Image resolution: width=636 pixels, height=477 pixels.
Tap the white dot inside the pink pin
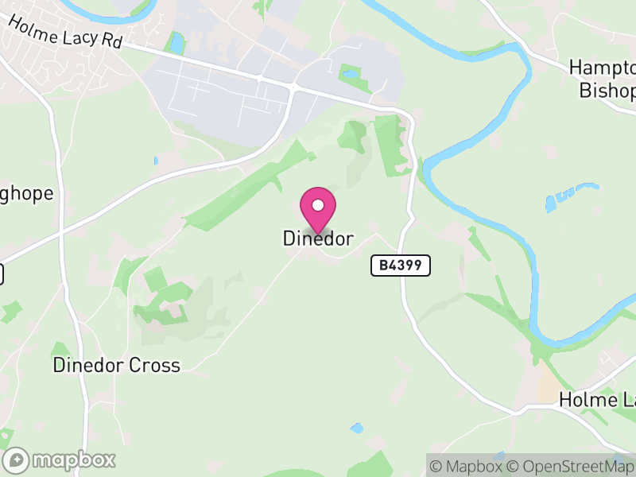[x=318, y=205]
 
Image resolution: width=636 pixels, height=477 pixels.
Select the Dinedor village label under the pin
[x=318, y=238]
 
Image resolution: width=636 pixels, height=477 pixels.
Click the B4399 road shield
[x=401, y=266]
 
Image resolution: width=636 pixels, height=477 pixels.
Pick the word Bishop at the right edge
[x=608, y=91]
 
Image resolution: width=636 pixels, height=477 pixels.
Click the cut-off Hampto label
[x=603, y=68]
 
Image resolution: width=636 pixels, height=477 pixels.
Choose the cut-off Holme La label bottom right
[x=597, y=399]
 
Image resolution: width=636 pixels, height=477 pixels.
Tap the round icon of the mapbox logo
[x=17, y=460]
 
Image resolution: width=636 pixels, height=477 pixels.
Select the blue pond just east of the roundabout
[x=350, y=75]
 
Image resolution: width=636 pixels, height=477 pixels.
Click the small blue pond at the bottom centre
[x=357, y=429]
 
